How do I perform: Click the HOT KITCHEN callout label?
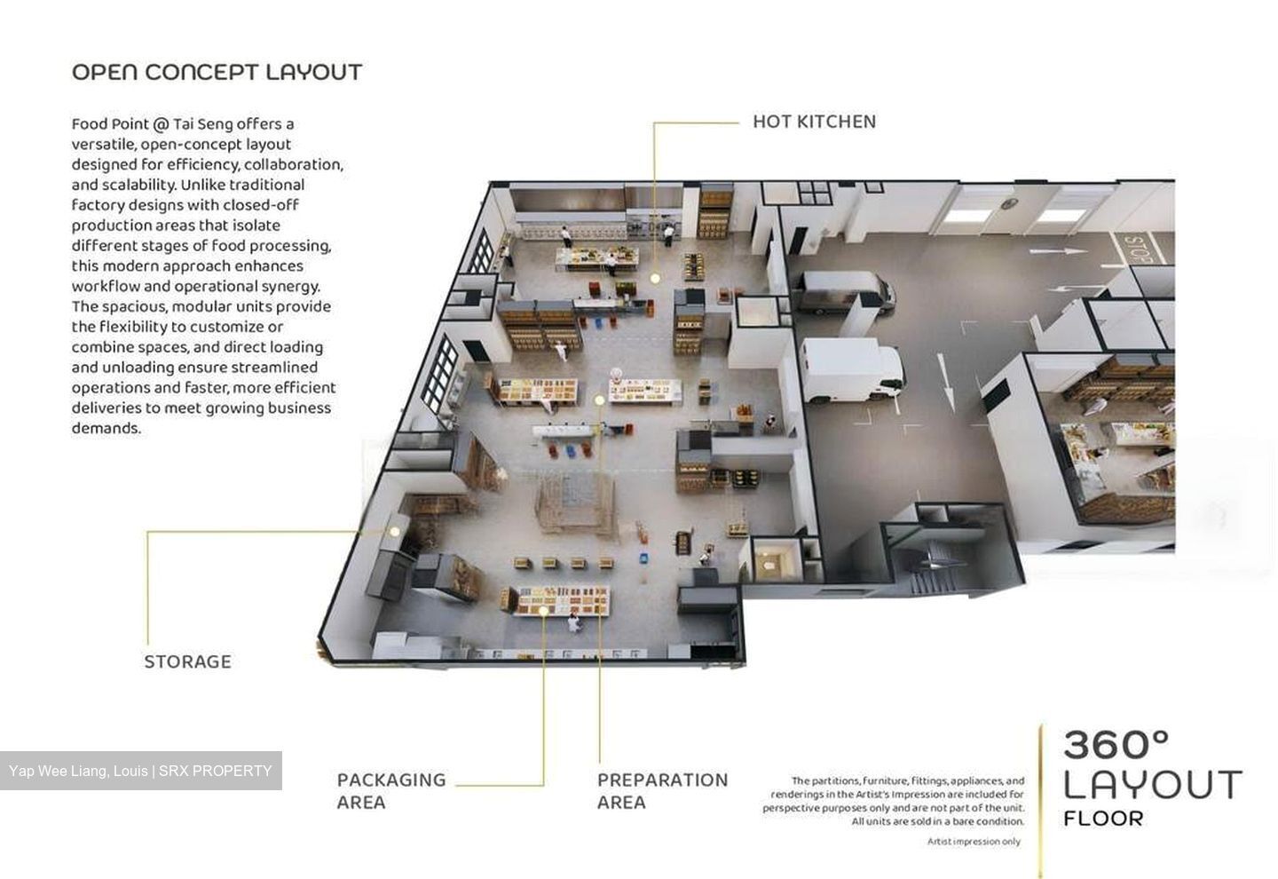pyautogui.click(x=814, y=122)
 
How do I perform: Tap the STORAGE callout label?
pyautogui.click(x=188, y=661)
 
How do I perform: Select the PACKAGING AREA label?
pyautogui.click(x=391, y=790)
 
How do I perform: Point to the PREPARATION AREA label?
pyautogui.click(x=662, y=790)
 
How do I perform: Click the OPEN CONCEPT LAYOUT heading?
pyautogui.click(x=217, y=72)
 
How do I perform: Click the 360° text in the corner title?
pyautogui.click(x=1116, y=745)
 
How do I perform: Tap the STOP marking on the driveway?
pyautogui.click(x=1138, y=249)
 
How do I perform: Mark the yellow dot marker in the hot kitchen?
pyautogui.click(x=655, y=278)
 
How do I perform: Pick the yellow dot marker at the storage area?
pyautogui.click(x=394, y=531)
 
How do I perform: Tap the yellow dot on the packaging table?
pyautogui.click(x=543, y=611)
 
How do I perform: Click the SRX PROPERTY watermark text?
pyautogui.click(x=215, y=771)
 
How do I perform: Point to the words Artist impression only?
pyautogui.click(x=974, y=842)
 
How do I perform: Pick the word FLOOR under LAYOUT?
pyautogui.click(x=1103, y=819)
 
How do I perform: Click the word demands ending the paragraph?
pyautogui.click(x=106, y=428)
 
